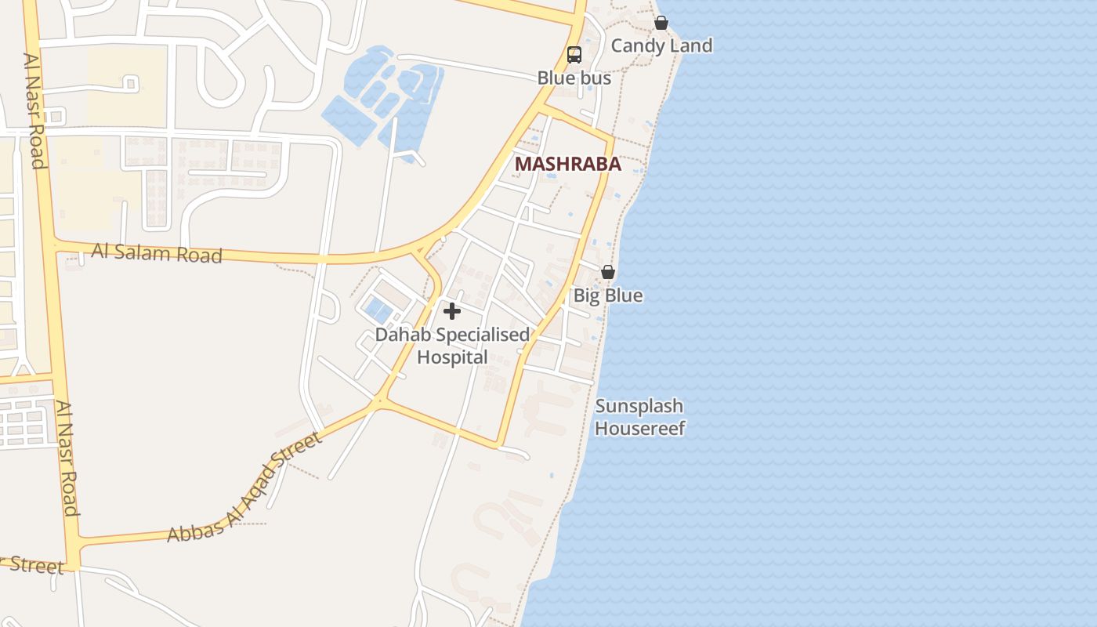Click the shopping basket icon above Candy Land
[661, 23]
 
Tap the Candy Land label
[661, 45]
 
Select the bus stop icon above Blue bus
[574, 55]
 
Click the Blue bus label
[574, 78]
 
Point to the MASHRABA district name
[568, 165]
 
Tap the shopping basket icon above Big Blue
[607, 272]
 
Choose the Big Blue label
[608, 295]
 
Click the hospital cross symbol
[451, 311]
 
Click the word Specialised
[483, 335]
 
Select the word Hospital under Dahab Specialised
[452, 357]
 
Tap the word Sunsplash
[639, 406]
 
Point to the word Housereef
[640, 428]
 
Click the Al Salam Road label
[157, 253]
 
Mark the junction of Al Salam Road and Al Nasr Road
[52, 245]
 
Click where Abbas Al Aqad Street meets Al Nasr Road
[74, 542]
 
